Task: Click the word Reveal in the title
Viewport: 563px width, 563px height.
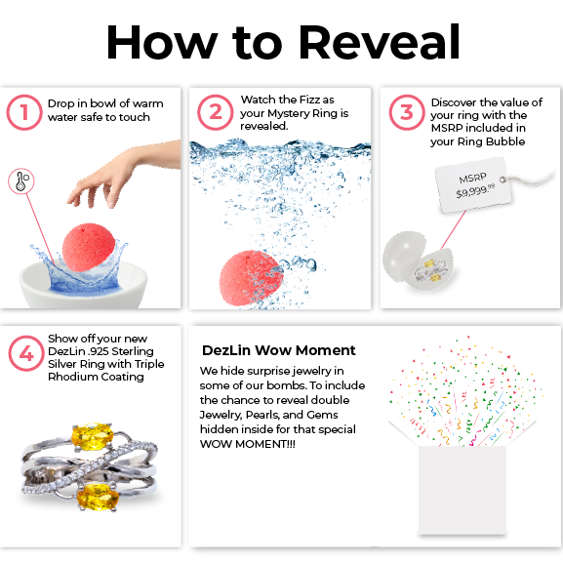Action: pos(379,42)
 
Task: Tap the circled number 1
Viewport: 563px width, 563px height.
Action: pos(24,112)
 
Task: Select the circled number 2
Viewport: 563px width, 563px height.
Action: pos(216,112)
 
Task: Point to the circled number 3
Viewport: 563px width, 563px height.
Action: pos(407,112)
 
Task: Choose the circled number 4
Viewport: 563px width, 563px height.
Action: pos(26,353)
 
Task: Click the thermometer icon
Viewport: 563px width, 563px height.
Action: pos(21,181)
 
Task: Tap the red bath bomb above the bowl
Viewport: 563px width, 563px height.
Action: pos(89,247)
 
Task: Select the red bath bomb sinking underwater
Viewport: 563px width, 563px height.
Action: pos(251,277)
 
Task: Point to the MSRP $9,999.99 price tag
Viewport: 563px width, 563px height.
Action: pos(473,185)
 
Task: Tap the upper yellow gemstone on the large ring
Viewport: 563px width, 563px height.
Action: pos(93,436)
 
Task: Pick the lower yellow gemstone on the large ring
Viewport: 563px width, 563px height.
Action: pos(98,496)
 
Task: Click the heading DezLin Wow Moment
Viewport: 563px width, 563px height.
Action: pos(279,350)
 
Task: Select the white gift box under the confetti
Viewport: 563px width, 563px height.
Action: pos(462,491)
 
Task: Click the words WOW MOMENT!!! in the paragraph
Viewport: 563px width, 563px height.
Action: pos(248,444)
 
